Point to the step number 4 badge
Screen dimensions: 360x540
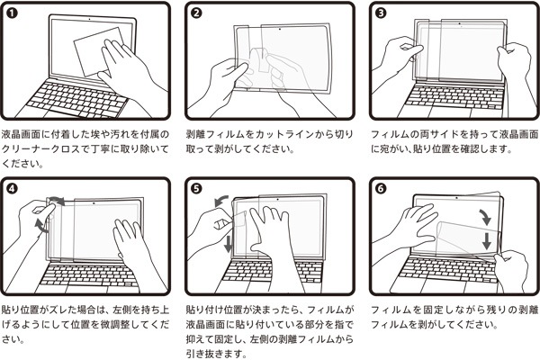[13, 190]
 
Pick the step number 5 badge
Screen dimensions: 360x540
[197, 190]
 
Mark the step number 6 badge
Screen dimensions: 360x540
[382, 190]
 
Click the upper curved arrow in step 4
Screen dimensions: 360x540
[57, 198]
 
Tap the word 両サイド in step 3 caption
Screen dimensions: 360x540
[435, 133]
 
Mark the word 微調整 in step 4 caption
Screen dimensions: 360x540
[105, 325]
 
